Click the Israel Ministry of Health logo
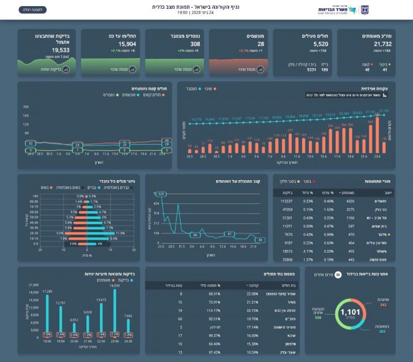[338, 10]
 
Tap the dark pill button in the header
[33, 10]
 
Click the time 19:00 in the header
[182, 12]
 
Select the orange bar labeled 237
[290, 143]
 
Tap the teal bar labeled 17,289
[47, 310]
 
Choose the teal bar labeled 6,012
[74, 323]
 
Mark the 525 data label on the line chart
[161, 194]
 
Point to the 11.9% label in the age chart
[120, 233]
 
